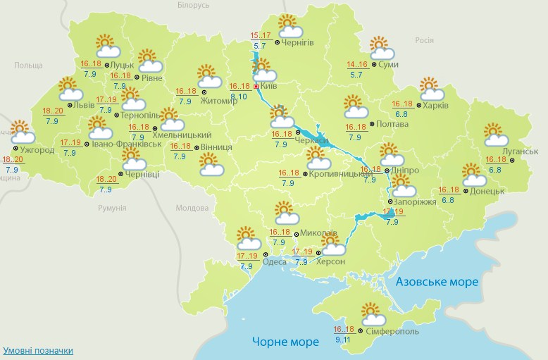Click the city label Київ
click(268, 85)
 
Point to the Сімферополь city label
click(393, 330)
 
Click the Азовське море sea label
click(437, 282)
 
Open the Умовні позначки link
click(38, 350)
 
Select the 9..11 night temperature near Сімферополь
click(345, 340)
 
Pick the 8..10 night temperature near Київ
click(239, 96)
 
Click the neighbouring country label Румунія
click(112, 209)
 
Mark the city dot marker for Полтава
click(373, 124)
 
